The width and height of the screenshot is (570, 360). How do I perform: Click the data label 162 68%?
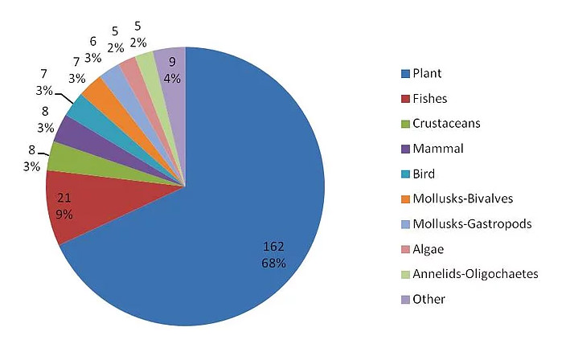[273, 253]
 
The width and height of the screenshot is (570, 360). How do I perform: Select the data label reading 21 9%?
[65, 207]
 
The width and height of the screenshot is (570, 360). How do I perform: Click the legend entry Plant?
[427, 73]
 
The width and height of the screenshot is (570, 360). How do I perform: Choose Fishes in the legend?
[430, 98]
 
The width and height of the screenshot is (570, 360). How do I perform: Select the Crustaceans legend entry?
[446, 123]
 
